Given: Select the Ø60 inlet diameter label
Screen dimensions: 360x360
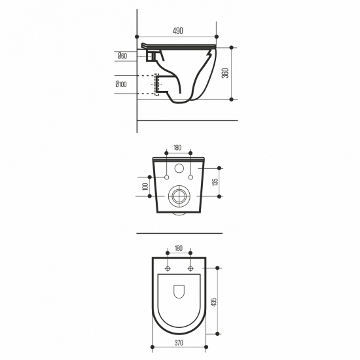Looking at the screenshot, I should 122,57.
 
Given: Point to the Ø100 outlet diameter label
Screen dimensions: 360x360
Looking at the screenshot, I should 122,85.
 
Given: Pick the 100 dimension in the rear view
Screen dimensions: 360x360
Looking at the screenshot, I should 144,187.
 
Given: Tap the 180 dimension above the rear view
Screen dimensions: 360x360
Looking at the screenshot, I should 178,148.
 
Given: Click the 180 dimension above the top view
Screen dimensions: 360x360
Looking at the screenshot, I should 178,249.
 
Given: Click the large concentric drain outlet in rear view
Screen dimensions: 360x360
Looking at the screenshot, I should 178,196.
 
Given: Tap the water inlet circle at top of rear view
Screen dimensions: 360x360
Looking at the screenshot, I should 178,165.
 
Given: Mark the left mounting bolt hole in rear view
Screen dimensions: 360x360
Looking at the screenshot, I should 168,177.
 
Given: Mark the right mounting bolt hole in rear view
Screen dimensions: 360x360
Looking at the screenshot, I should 189,177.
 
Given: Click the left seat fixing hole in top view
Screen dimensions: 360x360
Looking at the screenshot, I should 168,269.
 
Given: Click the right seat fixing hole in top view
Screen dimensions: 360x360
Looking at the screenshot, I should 190,269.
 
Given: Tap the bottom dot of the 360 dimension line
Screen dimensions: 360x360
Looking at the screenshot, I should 232,99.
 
